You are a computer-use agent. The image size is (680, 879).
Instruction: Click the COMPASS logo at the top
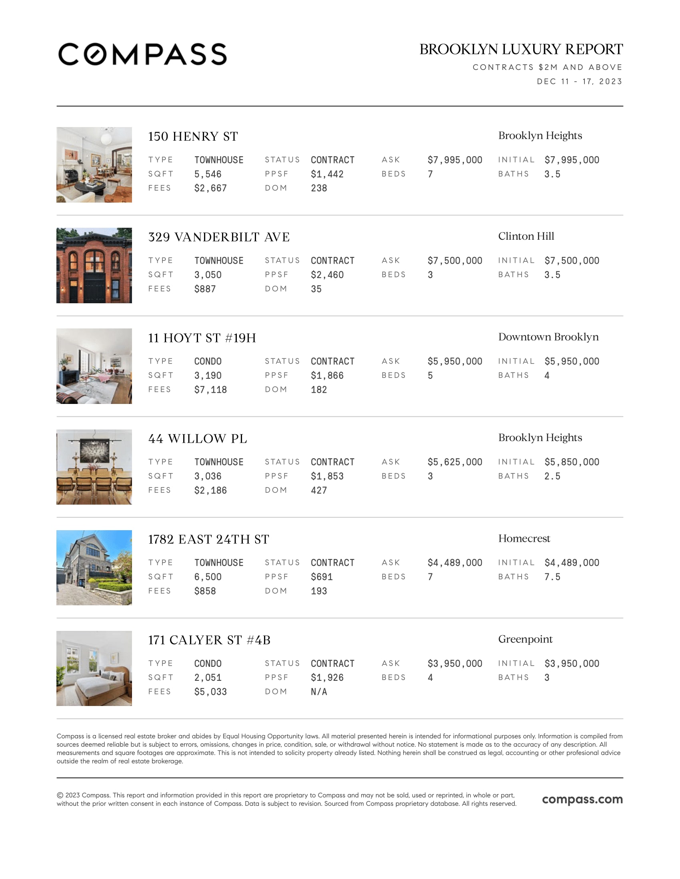(142, 54)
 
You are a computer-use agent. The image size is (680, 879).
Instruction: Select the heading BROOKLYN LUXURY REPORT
(521, 50)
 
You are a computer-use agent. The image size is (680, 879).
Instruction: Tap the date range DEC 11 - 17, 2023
(579, 82)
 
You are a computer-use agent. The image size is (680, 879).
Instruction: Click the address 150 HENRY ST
(193, 136)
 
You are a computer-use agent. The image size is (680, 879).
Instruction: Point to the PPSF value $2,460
(327, 275)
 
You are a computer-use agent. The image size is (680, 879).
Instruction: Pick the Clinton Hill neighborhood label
(526, 236)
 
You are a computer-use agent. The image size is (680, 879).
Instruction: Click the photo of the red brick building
(94, 266)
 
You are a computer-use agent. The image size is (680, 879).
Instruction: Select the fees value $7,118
(210, 390)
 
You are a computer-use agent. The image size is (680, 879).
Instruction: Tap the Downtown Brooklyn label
(548, 337)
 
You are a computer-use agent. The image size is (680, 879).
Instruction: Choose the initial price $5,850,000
(572, 462)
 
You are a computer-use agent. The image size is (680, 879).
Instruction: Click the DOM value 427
(319, 490)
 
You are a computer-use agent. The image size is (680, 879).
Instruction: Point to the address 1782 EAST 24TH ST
(209, 539)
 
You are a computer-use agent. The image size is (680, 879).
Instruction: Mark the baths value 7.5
(552, 577)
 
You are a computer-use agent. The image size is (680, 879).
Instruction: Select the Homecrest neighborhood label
(524, 539)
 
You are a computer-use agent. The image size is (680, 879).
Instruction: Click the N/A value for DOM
(319, 692)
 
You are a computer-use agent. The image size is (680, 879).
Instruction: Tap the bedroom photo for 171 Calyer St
(94, 668)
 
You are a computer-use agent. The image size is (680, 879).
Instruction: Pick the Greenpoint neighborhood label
(525, 639)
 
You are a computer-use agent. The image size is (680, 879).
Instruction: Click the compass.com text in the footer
(582, 799)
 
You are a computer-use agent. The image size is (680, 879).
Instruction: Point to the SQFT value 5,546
(208, 174)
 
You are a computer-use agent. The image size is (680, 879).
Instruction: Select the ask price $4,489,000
(455, 563)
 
